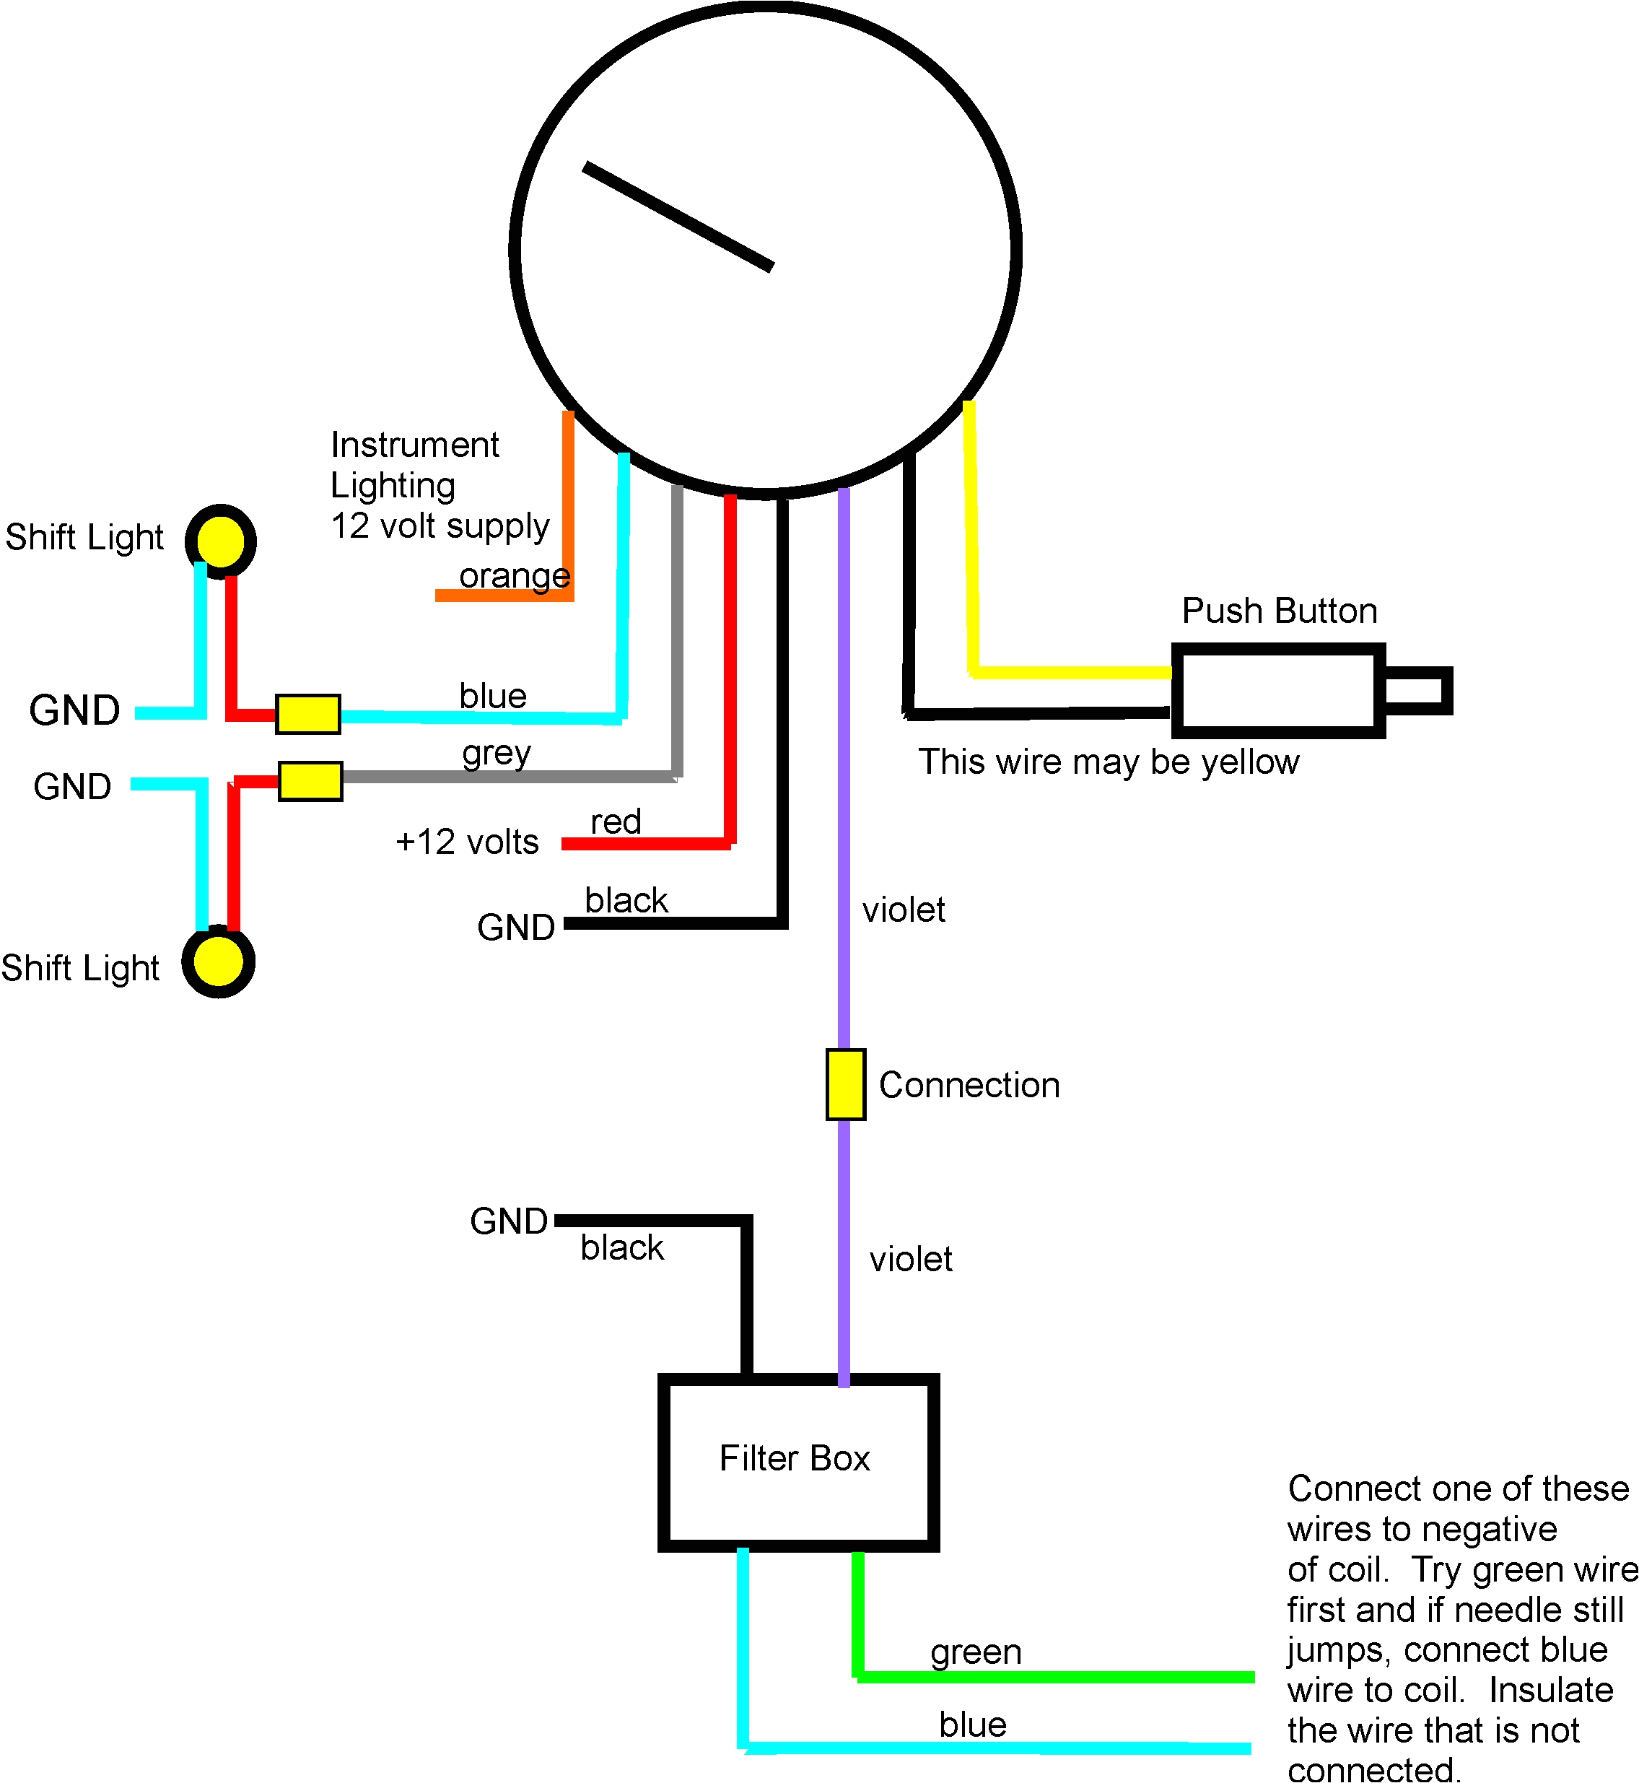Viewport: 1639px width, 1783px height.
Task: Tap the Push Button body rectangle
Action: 1277,690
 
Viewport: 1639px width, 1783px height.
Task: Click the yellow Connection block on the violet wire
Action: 845,1084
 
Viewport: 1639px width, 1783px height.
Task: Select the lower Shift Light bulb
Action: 218,962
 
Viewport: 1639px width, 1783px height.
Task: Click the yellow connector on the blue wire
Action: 307,714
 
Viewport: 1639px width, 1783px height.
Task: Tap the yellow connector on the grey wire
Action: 310,780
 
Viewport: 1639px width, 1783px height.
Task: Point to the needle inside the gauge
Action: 678,217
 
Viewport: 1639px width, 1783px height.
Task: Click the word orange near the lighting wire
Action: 515,576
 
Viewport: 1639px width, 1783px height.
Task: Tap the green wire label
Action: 976,1652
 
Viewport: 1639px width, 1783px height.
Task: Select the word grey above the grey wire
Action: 496,753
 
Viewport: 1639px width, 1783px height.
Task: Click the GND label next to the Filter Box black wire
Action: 508,1221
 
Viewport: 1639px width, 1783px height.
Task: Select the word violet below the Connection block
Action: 910,1260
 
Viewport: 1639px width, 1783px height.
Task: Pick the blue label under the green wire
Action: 972,1725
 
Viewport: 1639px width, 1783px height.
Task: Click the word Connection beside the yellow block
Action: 969,1085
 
